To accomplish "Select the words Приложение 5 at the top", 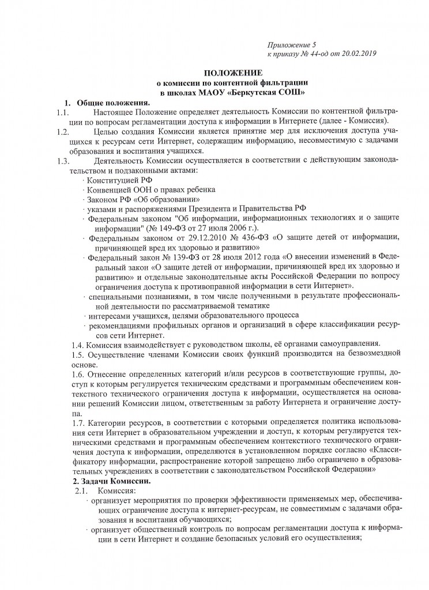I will pos(292,44).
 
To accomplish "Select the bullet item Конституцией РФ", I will pos(115,180).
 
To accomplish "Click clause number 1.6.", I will pos(78,373).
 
